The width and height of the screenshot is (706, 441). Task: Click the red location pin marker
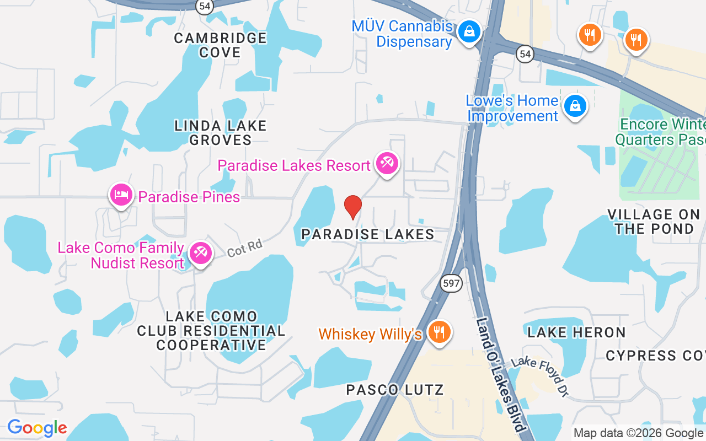(353, 207)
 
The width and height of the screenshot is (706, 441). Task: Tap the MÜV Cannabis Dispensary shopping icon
(469, 32)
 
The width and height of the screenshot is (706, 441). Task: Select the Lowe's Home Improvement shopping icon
(575, 106)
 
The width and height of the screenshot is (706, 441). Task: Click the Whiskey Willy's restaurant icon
(439, 332)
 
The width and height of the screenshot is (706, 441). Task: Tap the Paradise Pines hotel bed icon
(121, 195)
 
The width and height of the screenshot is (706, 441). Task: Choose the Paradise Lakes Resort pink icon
(387, 164)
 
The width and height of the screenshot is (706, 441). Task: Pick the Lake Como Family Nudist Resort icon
(200, 254)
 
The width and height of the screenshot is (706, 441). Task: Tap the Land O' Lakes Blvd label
(500, 375)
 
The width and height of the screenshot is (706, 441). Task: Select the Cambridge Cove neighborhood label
(221, 45)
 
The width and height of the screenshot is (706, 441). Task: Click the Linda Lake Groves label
(221, 133)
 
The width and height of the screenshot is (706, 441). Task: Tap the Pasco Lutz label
(394, 390)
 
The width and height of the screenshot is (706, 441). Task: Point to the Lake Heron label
(576, 332)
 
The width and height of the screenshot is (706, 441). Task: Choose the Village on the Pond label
(654, 221)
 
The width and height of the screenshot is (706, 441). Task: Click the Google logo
(37, 428)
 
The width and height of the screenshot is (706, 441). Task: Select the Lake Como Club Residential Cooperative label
(211, 331)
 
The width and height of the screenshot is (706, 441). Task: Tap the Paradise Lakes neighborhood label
(368, 234)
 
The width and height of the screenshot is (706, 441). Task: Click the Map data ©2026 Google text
(638, 433)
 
